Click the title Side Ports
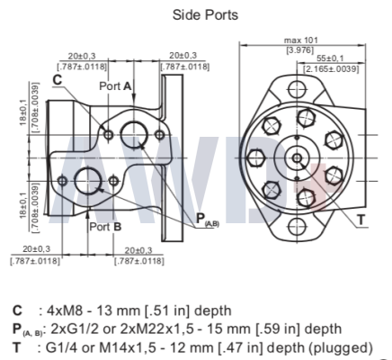point(205,14)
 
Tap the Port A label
point(115,86)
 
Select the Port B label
point(105,227)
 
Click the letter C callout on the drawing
point(57,80)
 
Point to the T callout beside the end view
point(361,220)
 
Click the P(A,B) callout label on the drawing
point(208,220)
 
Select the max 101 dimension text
point(300,40)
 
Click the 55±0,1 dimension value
point(330,58)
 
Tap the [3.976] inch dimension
point(300,49)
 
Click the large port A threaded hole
point(134,135)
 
